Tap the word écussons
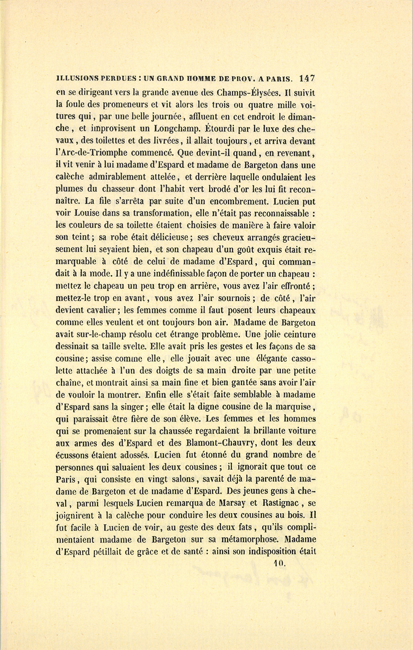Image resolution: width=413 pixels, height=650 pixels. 74,455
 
